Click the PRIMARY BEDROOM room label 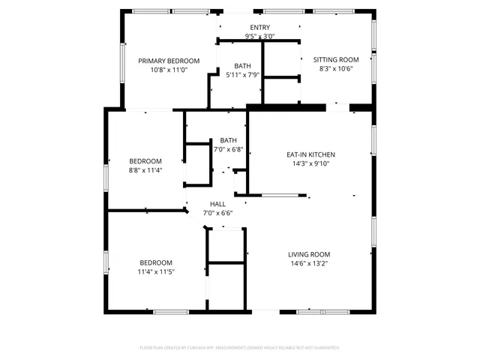coord(168,61)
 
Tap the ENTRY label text coord(260,28)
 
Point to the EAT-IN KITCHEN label coord(309,154)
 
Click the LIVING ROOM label coord(309,254)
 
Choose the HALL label coord(217,204)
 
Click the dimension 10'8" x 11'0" coord(168,70)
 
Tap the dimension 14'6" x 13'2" coord(309,263)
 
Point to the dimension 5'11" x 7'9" coord(242,75)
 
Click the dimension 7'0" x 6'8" coord(228,149)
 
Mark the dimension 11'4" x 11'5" coord(156,271)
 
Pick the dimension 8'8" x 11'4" coord(145,170)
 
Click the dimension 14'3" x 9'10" coord(309,163)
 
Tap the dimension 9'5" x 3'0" coord(260,36)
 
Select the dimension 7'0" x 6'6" coord(217,213)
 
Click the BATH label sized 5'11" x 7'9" coord(242,66)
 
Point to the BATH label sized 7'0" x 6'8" coord(228,140)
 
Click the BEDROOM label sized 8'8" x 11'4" coord(145,161)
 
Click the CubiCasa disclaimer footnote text coord(240,348)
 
